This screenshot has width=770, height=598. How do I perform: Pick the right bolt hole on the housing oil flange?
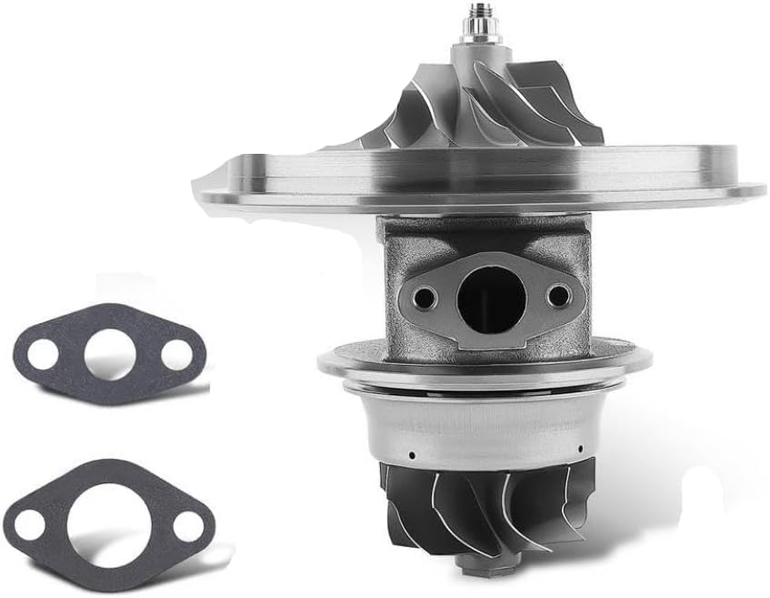558,295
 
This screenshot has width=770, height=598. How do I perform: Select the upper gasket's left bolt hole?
42,354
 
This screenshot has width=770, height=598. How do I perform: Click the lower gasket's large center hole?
108,525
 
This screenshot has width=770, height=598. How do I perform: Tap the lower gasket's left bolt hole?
31,523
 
